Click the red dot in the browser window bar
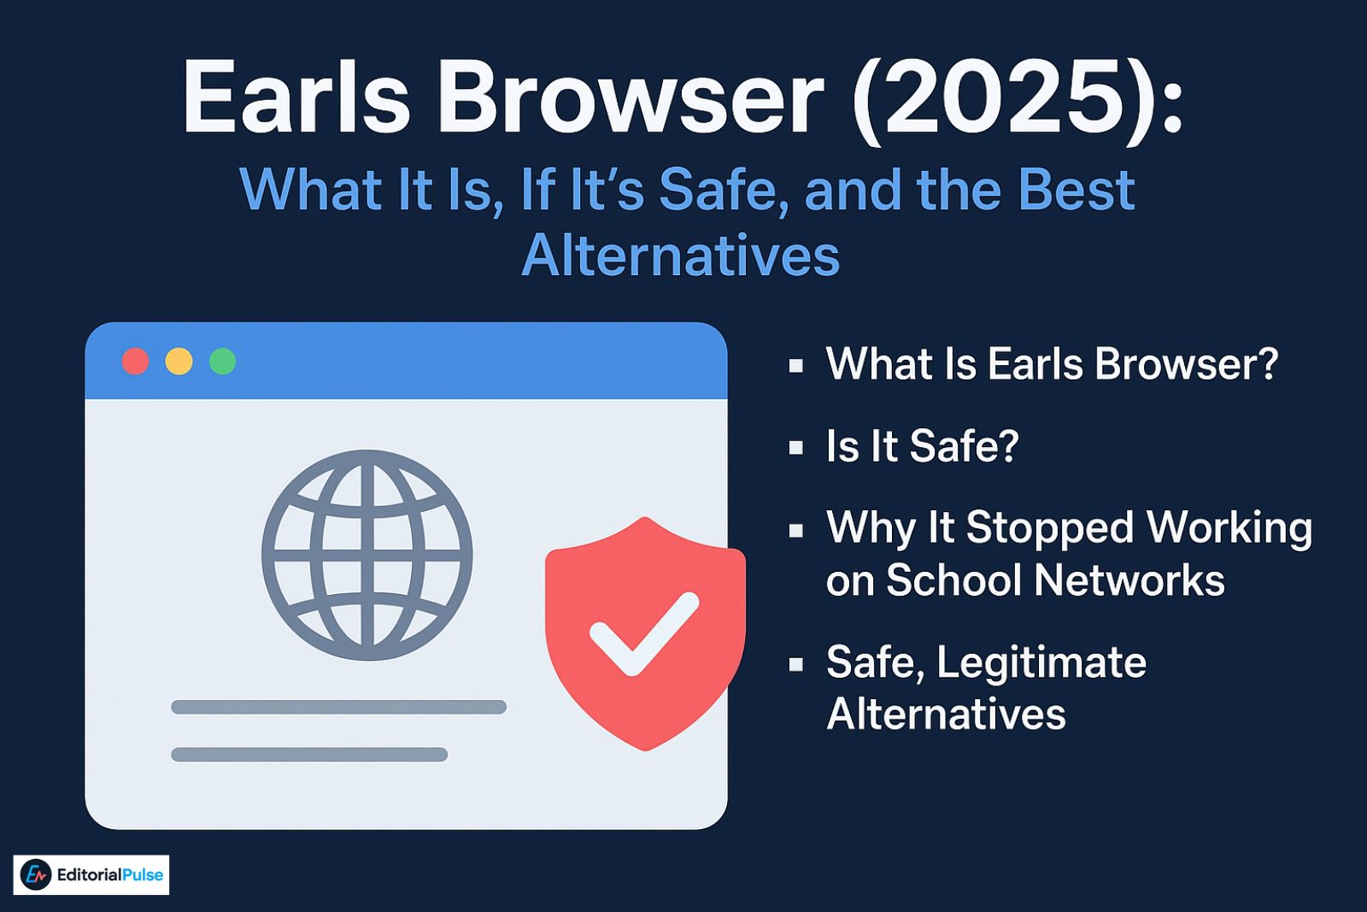pos(136,362)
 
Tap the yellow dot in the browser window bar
pos(179,362)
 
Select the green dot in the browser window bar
pos(222,362)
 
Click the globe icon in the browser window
pos(367,555)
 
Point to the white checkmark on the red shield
pos(644,633)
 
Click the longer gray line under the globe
pos(338,707)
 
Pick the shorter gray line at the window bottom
pos(309,754)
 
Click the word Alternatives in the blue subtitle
pos(681,256)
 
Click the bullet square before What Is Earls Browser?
pos(796,366)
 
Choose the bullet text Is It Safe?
pos(922,445)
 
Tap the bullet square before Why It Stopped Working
pos(796,530)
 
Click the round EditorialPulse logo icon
pos(36,874)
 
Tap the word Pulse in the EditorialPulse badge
pos(142,874)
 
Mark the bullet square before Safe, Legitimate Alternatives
pos(796,664)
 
